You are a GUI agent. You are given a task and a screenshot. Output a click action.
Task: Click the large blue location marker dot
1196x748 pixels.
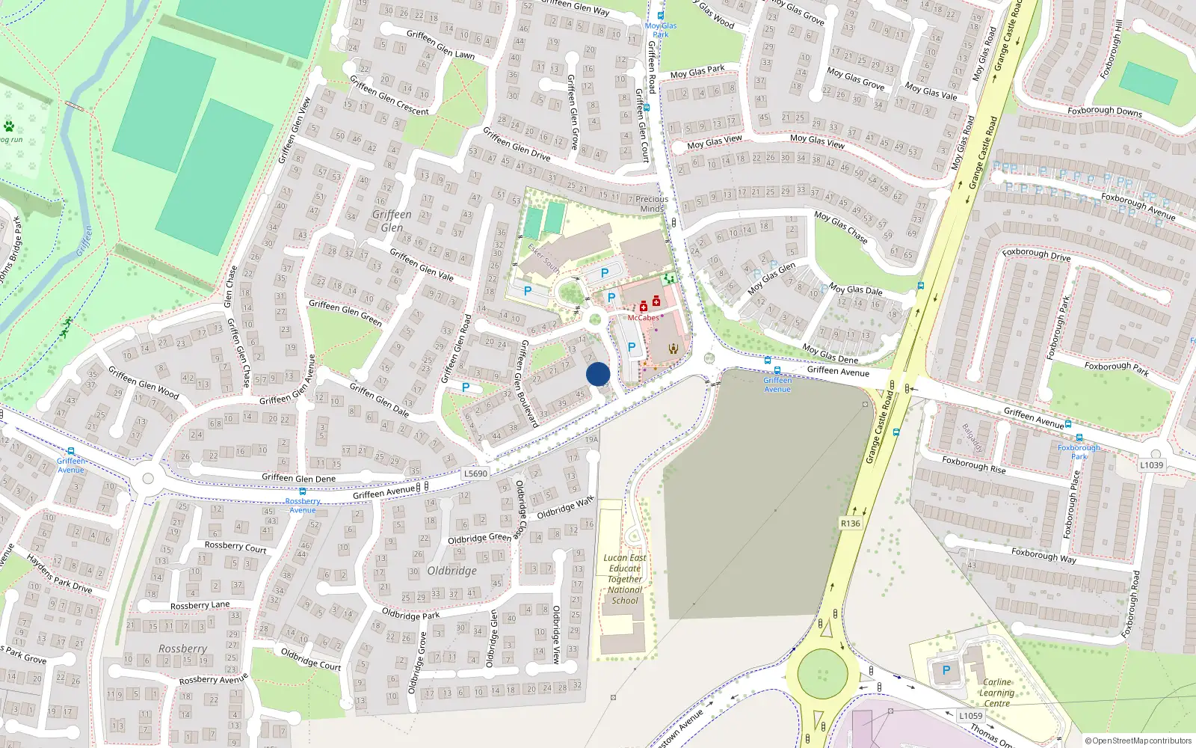click(598, 374)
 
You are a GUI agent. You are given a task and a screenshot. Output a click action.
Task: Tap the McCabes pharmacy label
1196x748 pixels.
click(643, 318)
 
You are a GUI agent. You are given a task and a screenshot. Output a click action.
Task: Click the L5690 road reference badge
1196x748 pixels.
click(475, 473)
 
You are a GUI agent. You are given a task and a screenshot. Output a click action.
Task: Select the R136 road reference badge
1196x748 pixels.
click(851, 524)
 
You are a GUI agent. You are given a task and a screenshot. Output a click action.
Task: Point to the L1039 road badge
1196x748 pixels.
click(1152, 465)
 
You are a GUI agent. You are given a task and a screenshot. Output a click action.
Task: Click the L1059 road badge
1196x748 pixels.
click(970, 716)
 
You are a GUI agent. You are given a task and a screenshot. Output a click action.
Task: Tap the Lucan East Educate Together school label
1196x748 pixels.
click(625, 579)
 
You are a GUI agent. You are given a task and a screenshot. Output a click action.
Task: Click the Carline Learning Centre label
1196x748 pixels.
click(997, 693)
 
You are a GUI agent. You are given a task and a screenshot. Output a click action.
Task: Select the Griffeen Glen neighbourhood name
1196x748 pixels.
click(392, 221)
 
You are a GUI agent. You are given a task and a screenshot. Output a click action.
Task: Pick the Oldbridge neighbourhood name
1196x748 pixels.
click(452, 571)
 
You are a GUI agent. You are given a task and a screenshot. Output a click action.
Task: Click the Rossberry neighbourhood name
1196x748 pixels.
click(182, 649)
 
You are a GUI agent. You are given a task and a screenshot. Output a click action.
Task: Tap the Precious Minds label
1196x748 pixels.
click(652, 203)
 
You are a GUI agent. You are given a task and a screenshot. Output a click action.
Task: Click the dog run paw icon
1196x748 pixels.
click(9, 126)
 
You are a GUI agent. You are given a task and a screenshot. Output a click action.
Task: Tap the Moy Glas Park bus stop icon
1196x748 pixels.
click(661, 15)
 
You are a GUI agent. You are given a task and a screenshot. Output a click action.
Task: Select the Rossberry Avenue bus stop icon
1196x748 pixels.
click(302, 491)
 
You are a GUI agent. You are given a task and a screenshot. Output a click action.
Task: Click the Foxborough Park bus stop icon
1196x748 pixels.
click(1079, 438)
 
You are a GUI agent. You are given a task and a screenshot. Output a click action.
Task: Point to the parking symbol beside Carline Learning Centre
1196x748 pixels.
click(946, 670)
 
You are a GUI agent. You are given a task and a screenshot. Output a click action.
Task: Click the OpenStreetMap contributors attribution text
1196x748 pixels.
click(1138, 741)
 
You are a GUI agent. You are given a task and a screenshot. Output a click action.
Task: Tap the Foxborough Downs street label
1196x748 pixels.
click(1104, 111)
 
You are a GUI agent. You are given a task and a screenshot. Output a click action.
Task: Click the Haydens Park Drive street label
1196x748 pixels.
click(59, 573)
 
